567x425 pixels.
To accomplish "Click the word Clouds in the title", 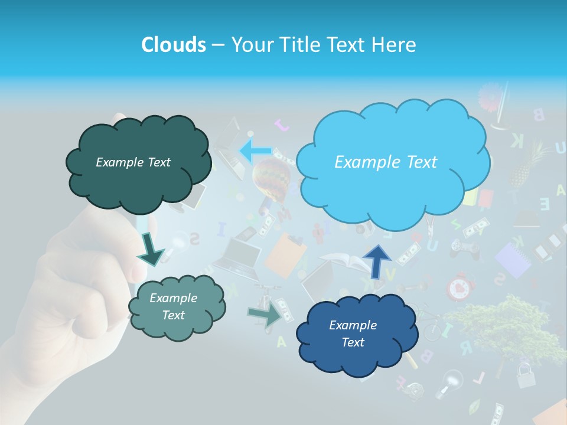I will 173,45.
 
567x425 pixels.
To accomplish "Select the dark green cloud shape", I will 138,163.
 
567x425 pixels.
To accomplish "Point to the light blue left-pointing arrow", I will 255,151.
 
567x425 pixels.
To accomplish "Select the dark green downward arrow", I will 151,249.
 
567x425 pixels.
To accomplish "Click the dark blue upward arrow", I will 377,260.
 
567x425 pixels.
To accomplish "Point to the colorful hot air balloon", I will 272,178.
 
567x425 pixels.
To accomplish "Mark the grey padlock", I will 526,375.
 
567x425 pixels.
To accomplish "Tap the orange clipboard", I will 286,254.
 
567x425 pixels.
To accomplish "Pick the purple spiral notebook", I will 513,260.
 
